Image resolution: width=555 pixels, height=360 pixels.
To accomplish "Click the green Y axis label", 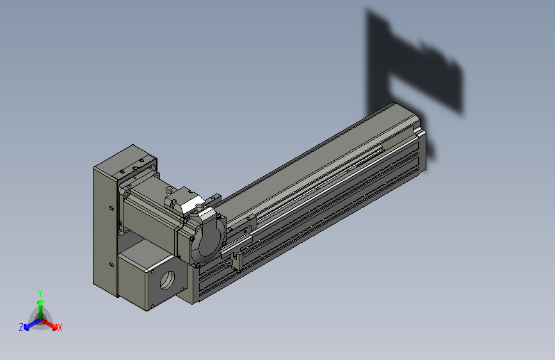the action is pyautogui.click(x=40, y=293).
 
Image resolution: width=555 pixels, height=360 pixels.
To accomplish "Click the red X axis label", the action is pyautogui.click(x=60, y=328).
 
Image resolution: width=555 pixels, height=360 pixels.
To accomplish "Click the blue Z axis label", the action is pyautogui.click(x=21, y=327).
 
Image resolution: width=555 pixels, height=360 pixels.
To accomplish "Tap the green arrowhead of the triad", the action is pyautogui.click(x=41, y=302).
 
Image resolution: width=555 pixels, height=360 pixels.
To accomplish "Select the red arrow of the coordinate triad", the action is pyautogui.click(x=49, y=324).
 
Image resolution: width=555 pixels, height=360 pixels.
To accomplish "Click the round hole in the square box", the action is pyautogui.click(x=168, y=280).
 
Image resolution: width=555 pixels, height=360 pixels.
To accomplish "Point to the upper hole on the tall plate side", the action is pyautogui.click(x=112, y=208).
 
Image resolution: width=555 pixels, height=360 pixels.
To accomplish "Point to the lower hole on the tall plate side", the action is pyautogui.click(x=111, y=265).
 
